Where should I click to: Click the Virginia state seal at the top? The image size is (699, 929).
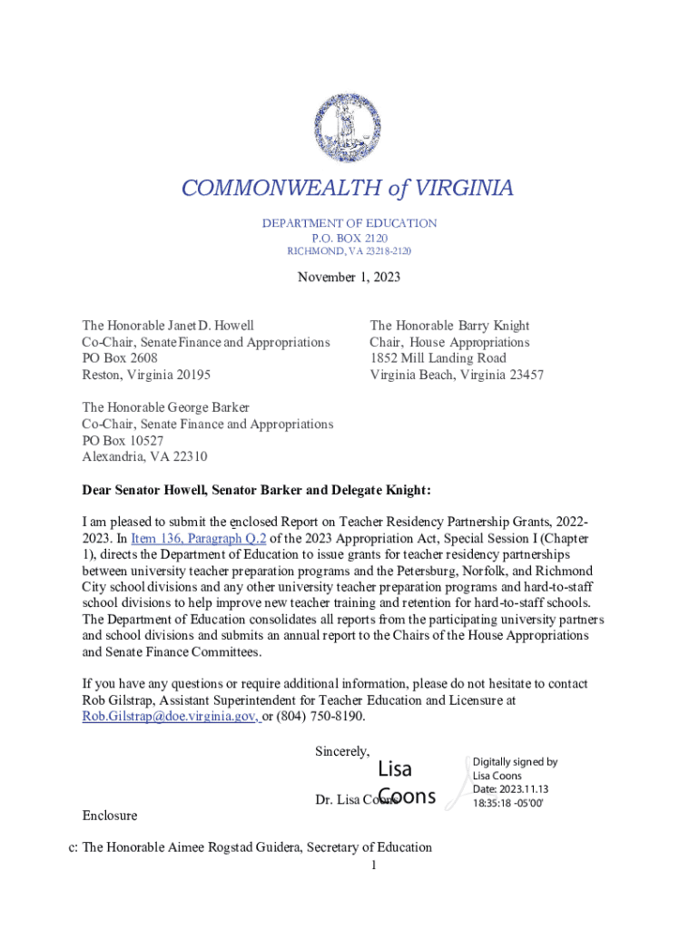point(349,129)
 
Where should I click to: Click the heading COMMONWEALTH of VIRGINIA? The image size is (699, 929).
point(348,188)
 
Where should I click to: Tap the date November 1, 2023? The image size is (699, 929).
point(349,277)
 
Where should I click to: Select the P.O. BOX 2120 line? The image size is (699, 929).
point(349,238)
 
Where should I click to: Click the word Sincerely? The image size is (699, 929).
point(342,751)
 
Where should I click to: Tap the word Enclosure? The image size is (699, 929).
point(110,816)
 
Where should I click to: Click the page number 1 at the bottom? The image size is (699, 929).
point(373,865)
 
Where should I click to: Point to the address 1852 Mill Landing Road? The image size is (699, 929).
point(438,358)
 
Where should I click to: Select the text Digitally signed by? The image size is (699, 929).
point(515,762)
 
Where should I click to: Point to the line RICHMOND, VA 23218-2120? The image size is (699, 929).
point(349,251)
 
